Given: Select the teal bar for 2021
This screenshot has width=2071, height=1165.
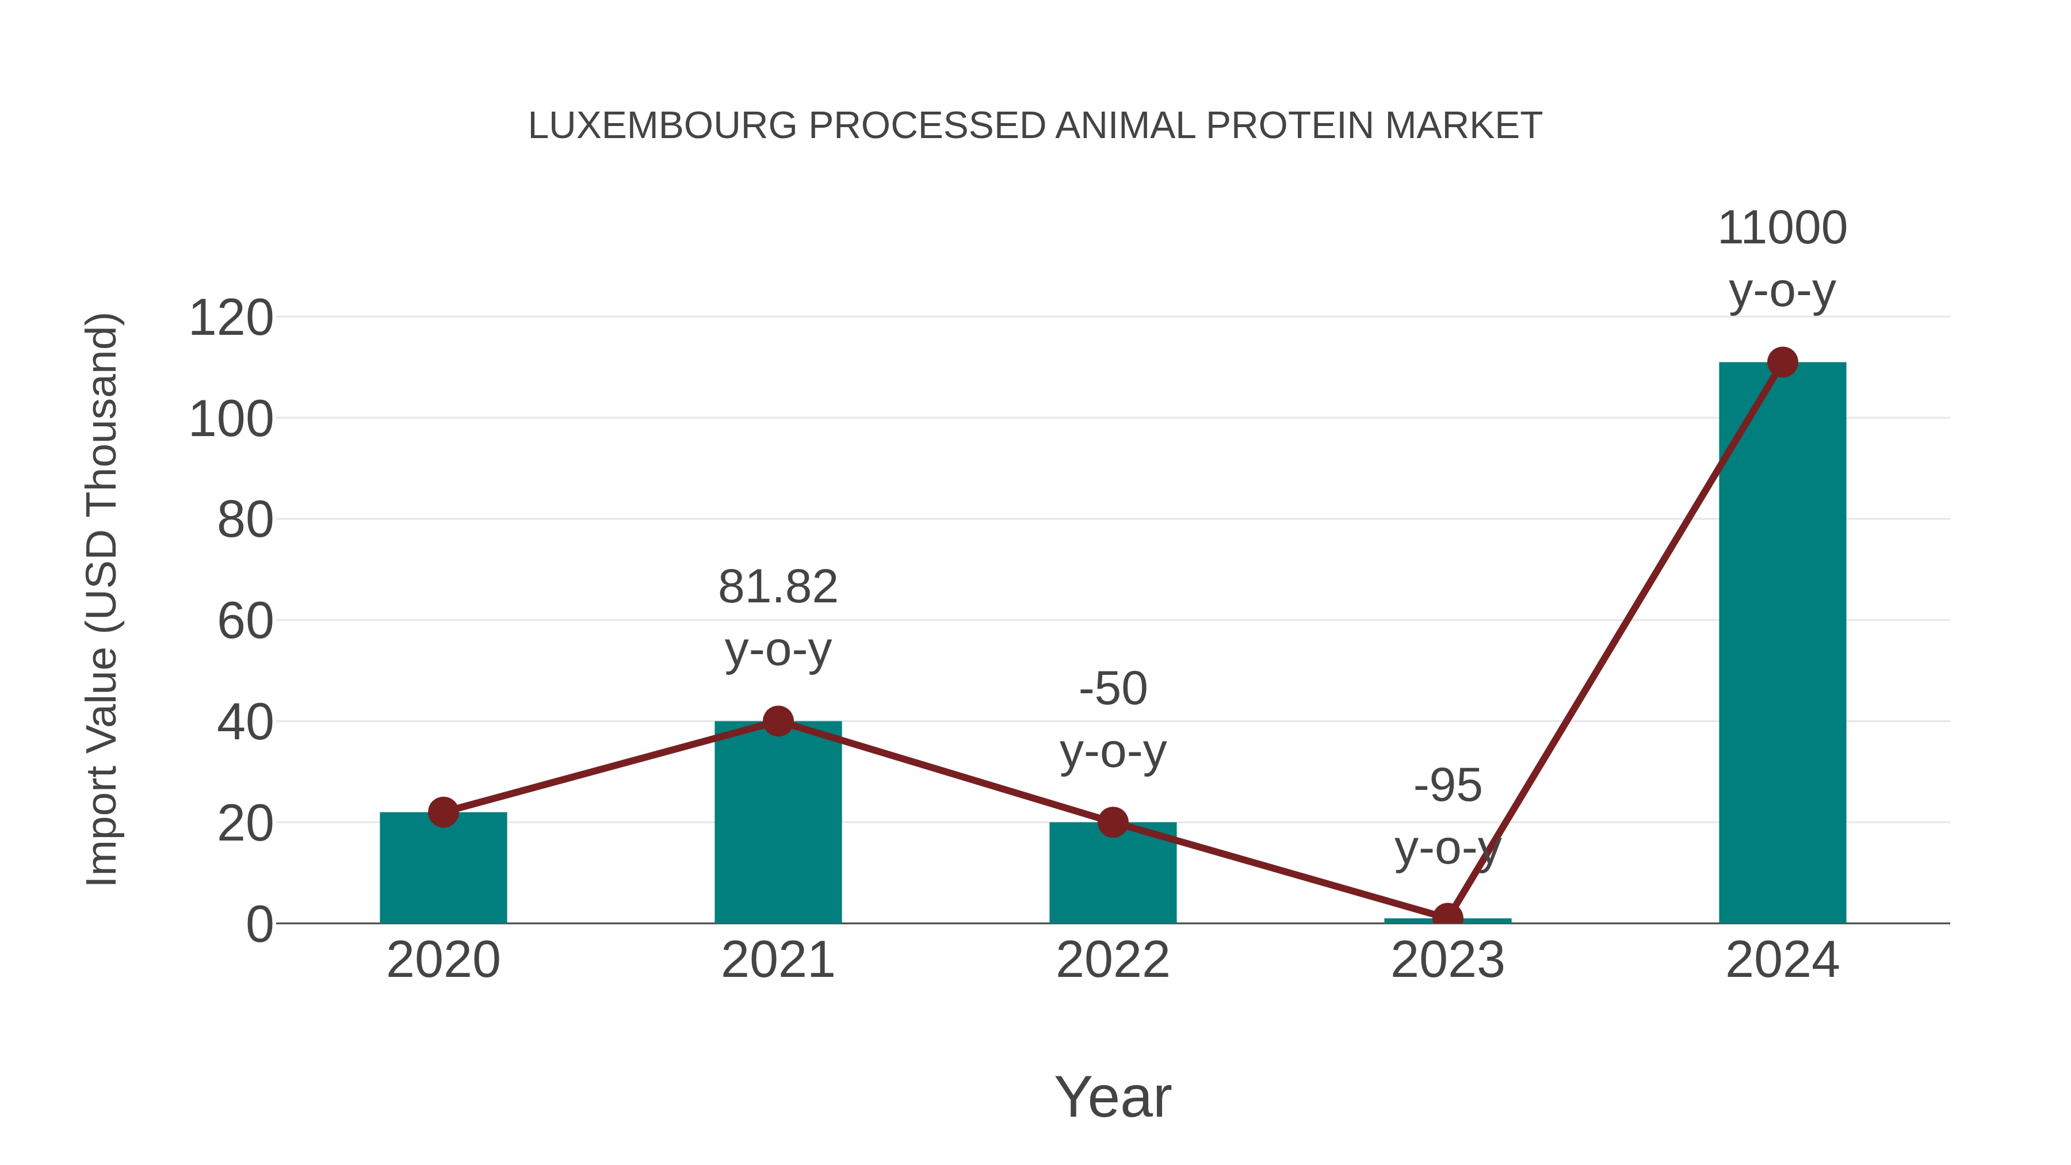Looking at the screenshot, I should (x=777, y=828).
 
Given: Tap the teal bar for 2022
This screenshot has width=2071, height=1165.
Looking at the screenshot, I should (x=1112, y=876).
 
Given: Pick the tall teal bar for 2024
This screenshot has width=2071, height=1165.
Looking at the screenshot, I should (x=1782, y=643).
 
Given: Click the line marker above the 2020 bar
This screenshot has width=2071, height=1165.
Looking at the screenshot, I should (x=443, y=812).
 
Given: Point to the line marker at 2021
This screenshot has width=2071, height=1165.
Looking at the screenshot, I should (x=777, y=721).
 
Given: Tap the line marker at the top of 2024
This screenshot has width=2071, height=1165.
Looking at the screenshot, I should (x=1782, y=362).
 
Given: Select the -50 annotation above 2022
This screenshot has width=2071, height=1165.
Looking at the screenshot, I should (x=1112, y=689).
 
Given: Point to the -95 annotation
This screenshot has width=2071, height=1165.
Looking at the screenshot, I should (x=1447, y=785).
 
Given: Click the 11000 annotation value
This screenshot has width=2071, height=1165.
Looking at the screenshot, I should (x=1782, y=228).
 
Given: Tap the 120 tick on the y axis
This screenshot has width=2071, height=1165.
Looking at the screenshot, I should (x=231, y=318).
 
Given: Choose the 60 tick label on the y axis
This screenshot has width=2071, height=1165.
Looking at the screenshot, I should (x=245, y=621).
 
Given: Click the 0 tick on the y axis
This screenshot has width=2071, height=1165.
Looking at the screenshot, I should (x=259, y=925).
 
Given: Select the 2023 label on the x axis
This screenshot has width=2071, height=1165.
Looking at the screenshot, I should (x=1447, y=960).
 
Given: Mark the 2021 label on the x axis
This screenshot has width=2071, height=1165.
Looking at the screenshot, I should (x=777, y=960).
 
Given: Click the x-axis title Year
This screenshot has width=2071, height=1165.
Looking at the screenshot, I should (x=1112, y=1098).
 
